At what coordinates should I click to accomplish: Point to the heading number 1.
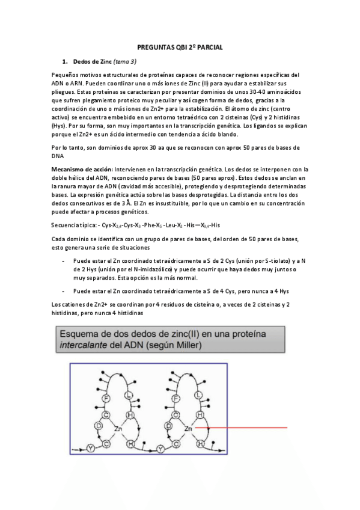(65, 61)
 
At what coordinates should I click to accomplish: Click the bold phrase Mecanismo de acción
(81, 170)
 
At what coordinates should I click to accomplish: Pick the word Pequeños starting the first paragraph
(66, 75)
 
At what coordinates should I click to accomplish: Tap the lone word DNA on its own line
(58, 155)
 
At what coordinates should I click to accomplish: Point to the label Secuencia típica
(73, 226)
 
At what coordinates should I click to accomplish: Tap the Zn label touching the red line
(189, 428)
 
